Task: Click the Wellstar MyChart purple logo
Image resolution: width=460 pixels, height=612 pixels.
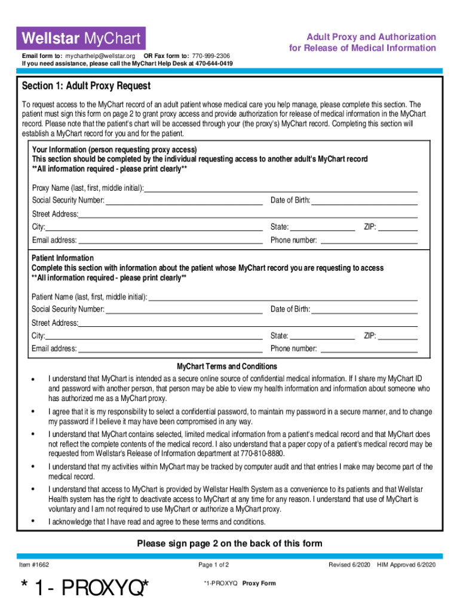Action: point(81,39)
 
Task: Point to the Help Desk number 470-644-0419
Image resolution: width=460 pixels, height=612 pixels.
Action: point(214,63)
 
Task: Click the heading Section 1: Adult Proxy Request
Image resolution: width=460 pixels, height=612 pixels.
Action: point(86,86)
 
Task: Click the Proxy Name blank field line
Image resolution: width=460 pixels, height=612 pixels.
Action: point(281,188)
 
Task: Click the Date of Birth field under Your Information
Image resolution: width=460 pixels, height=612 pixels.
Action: point(364,201)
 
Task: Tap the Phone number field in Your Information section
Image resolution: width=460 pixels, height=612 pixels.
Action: point(369,240)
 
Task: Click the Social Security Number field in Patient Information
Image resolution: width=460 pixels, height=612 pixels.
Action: point(184,310)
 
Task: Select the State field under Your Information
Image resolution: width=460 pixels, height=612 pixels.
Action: point(323,227)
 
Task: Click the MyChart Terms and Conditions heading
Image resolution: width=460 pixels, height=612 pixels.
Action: point(227,366)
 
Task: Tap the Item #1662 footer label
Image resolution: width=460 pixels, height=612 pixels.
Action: point(35,565)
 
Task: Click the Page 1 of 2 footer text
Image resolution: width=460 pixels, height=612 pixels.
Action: point(214,565)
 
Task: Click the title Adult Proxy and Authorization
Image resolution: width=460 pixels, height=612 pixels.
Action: point(371,37)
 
